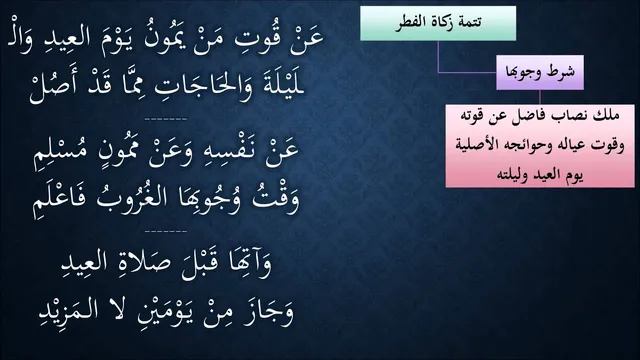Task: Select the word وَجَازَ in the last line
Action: [x=269, y=313]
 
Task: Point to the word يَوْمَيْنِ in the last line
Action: [x=164, y=312]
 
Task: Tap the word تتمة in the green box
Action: [x=468, y=22]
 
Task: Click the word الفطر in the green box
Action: [x=410, y=22]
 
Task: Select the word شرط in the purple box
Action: [x=560, y=72]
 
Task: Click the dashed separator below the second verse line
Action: [x=166, y=119]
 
